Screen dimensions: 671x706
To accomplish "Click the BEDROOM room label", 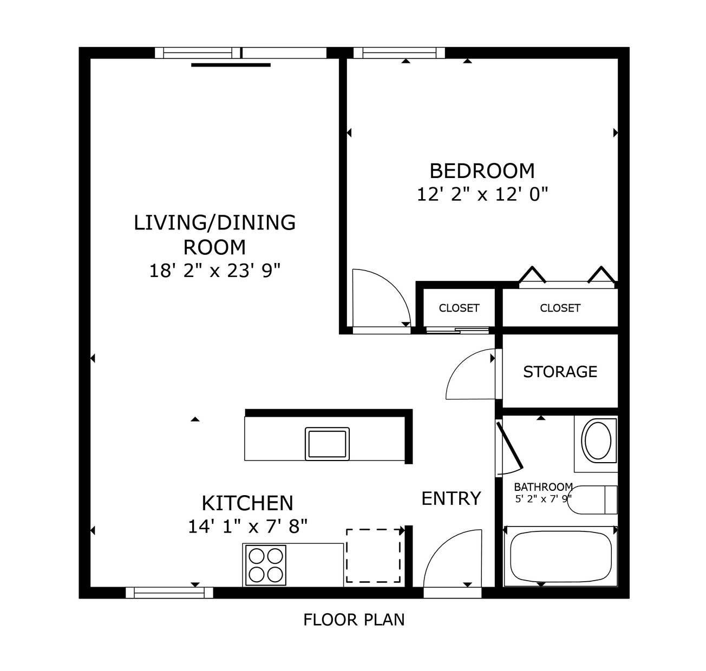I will point(482,171).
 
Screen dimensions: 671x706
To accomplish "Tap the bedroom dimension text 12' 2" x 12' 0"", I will point(482,194).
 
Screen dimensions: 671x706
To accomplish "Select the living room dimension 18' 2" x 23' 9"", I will point(215,271).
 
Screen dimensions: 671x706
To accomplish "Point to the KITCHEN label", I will point(247,503).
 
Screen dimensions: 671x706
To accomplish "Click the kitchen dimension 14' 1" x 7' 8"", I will point(247,526).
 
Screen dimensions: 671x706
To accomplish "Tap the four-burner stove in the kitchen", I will point(265,565).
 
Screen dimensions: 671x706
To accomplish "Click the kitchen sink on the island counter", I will point(327,443).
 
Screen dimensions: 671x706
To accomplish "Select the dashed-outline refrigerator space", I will point(374,556).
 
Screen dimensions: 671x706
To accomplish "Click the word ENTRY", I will point(451,498).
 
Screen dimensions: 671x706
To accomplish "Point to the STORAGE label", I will point(560,372).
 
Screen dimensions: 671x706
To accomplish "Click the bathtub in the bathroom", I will point(560,556).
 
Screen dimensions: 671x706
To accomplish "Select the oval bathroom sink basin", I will point(598,440).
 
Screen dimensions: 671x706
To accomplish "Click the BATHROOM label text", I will point(543,487).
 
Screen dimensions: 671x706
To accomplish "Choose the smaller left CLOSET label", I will point(459,308).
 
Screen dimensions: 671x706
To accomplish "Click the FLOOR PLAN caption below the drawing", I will point(354,620).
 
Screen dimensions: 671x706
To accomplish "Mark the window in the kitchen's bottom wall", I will point(169,593).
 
